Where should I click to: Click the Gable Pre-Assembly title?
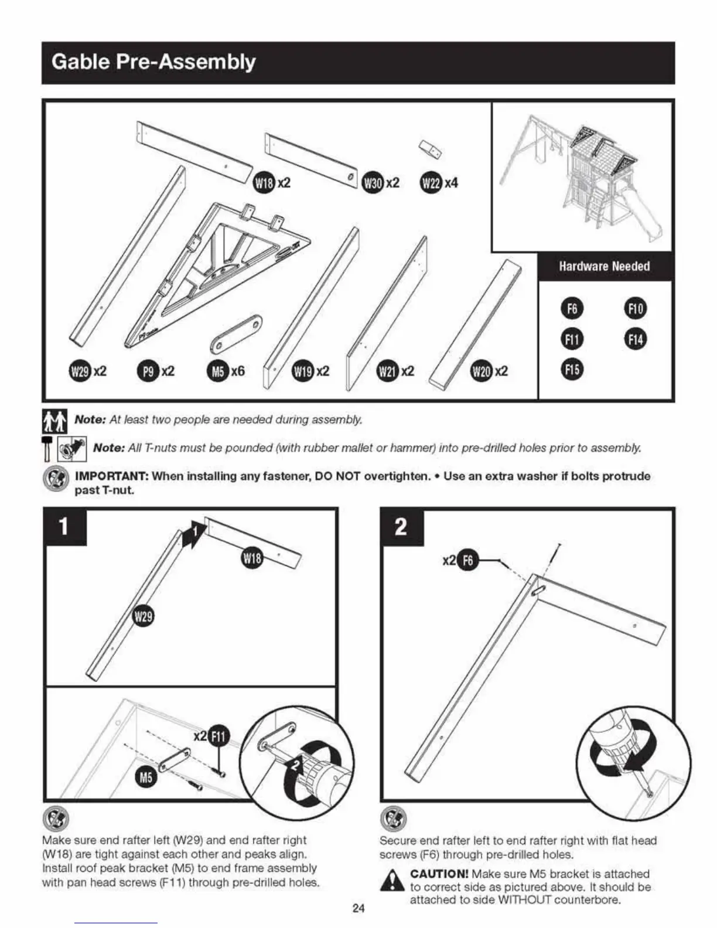(153, 62)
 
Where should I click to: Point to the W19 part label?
(303, 371)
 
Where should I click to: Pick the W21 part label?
(387, 371)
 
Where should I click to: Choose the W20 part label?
(482, 371)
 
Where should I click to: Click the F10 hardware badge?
(636, 309)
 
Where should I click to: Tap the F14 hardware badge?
(636, 339)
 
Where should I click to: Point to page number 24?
(358, 909)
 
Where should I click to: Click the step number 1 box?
(64, 527)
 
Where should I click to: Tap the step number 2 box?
(401, 527)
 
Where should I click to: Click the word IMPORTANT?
(111, 476)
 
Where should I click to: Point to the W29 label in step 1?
(144, 617)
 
